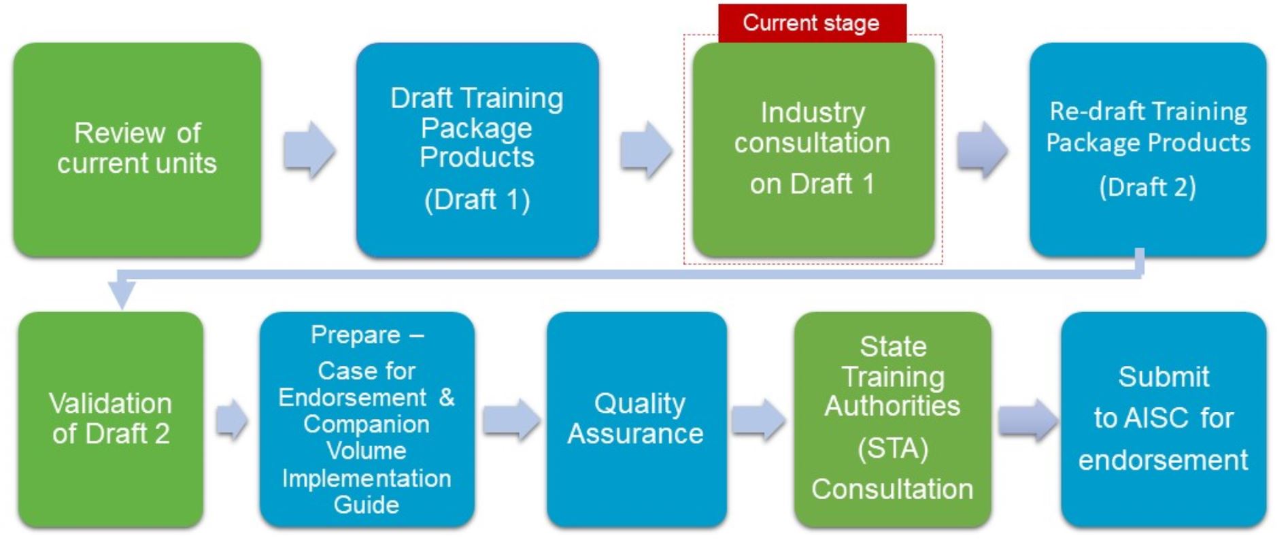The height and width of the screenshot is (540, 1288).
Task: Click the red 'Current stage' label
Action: pyautogui.click(x=812, y=23)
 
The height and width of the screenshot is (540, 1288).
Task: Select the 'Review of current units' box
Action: pyautogui.click(x=137, y=150)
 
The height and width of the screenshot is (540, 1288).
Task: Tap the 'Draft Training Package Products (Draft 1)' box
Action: pyautogui.click(x=477, y=150)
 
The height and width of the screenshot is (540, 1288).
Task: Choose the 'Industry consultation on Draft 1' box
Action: pyautogui.click(x=813, y=150)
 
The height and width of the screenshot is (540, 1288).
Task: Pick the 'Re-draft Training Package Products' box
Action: pyautogui.click(x=1148, y=150)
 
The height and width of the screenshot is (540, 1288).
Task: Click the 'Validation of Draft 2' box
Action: pyautogui.click(x=111, y=419)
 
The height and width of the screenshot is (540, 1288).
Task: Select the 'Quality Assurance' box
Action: pyautogui.click(x=637, y=419)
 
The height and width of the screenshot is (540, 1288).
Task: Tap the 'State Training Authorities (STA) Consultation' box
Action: pyautogui.click(x=892, y=419)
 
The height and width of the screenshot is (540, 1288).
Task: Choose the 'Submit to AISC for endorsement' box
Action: pyautogui.click(x=1164, y=419)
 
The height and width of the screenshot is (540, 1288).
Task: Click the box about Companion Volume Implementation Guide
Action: pyautogui.click(x=367, y=419)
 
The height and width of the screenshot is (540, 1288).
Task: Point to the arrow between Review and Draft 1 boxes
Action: pyautogui.click(x=309, y=150)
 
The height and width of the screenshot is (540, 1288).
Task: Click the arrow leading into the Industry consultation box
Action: pyautogui.click(x=646, y=150)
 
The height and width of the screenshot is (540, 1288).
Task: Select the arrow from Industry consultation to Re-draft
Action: pyautogui.click(x=983, y=150)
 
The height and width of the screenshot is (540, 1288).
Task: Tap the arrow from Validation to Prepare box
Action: pyautogui.click(x=232, y=420)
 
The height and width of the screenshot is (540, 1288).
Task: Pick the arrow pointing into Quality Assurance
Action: pyautogui.click(x=511, y=420)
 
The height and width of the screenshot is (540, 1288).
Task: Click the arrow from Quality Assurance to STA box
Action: pyautogui.click(x=759, y=420)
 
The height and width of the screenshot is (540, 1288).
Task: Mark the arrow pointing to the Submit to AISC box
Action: pyautogui.click(x=1028, y=420)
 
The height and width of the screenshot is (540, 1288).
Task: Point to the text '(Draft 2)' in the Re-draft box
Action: pyautogui.click(x=1148, y=187)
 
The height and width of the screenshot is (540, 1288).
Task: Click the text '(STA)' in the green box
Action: pyautogui.click(x=893, y=449)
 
